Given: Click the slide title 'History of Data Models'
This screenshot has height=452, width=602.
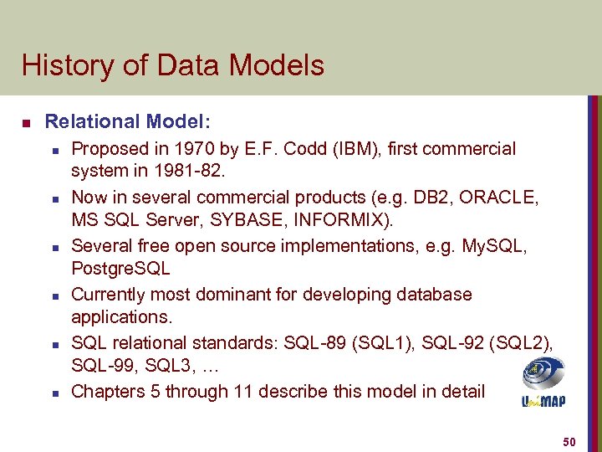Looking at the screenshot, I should pos(173,65).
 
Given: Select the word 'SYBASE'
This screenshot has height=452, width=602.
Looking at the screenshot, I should pos(247,221).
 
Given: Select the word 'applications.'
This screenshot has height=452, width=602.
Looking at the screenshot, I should pos(121,317).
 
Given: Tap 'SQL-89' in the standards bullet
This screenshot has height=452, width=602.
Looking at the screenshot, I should pos(311,343).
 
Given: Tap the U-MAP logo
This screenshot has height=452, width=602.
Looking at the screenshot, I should pos(543,383).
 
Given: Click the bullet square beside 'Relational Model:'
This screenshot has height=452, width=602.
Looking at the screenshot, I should pos(26,123).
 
